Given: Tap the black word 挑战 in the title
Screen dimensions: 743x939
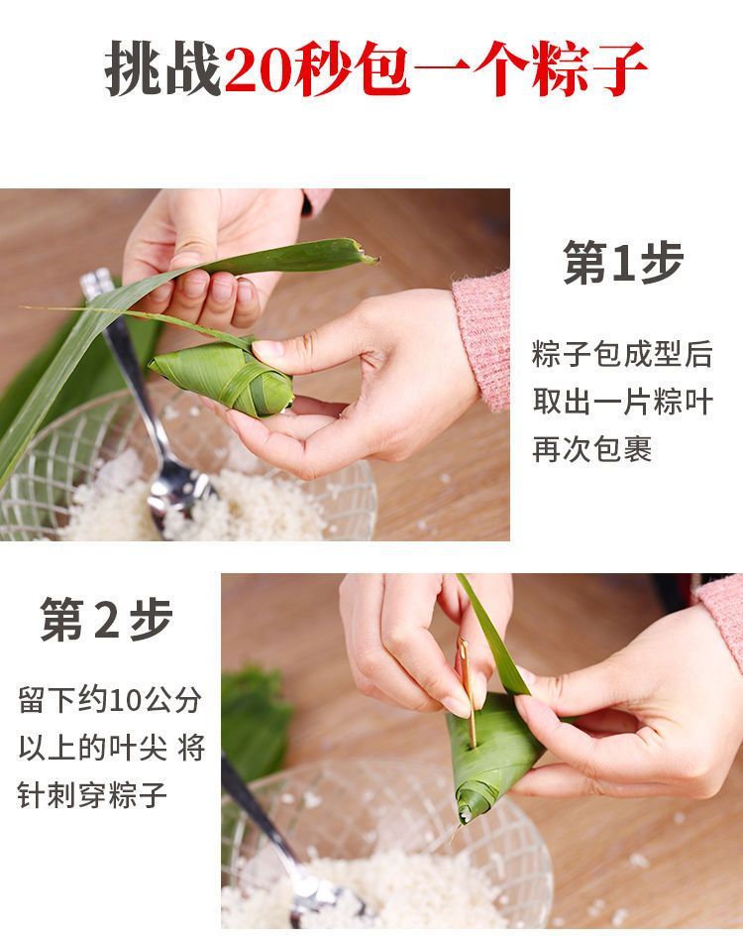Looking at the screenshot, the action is click(163, 68).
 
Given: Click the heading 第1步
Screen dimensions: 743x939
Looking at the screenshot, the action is click(623, 263).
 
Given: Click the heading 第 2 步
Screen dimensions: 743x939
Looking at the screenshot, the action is click(106, 619).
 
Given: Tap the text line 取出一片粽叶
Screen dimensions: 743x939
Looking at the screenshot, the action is click(622, 402).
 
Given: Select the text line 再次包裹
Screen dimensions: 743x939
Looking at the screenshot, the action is click(591, 449).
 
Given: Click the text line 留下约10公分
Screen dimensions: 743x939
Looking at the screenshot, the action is click(110, 699).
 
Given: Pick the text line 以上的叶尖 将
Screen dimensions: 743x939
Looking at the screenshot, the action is click(112, 748).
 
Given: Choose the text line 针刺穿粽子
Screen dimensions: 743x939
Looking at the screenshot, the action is click(92, 795).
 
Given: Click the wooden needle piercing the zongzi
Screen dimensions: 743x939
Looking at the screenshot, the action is click(468, 690).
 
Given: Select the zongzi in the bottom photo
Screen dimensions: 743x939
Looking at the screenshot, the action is click(493, 755).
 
